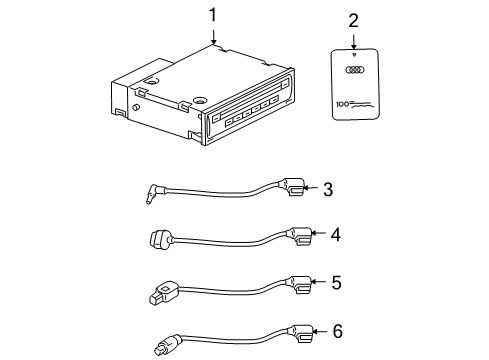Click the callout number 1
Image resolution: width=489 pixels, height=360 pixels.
(213, 15)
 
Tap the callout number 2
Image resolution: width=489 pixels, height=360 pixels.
(353, 21)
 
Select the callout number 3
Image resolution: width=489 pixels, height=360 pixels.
(328, 189)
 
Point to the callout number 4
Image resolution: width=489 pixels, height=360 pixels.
(336, 234)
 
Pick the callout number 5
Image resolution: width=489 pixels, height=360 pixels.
(336, 282)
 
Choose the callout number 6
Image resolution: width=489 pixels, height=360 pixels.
(337, 331)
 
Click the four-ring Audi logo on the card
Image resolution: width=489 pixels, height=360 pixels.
(355, 70)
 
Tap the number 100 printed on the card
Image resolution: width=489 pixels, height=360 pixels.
(342, 104)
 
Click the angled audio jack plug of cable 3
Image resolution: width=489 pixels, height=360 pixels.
(154, 194)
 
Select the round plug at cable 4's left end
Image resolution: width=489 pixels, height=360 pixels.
(161, 240)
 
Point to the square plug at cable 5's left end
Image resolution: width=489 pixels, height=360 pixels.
(163, 292)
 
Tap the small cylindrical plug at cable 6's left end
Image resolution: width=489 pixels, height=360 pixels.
(166, 345)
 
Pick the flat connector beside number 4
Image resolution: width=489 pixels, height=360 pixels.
(300, 236)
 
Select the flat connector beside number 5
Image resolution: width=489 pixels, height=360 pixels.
(300, 284)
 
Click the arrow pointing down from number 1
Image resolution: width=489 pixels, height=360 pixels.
(213, 36)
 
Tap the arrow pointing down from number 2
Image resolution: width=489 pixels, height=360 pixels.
(354, 42)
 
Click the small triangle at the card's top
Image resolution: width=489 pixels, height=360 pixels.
(354, 54)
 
